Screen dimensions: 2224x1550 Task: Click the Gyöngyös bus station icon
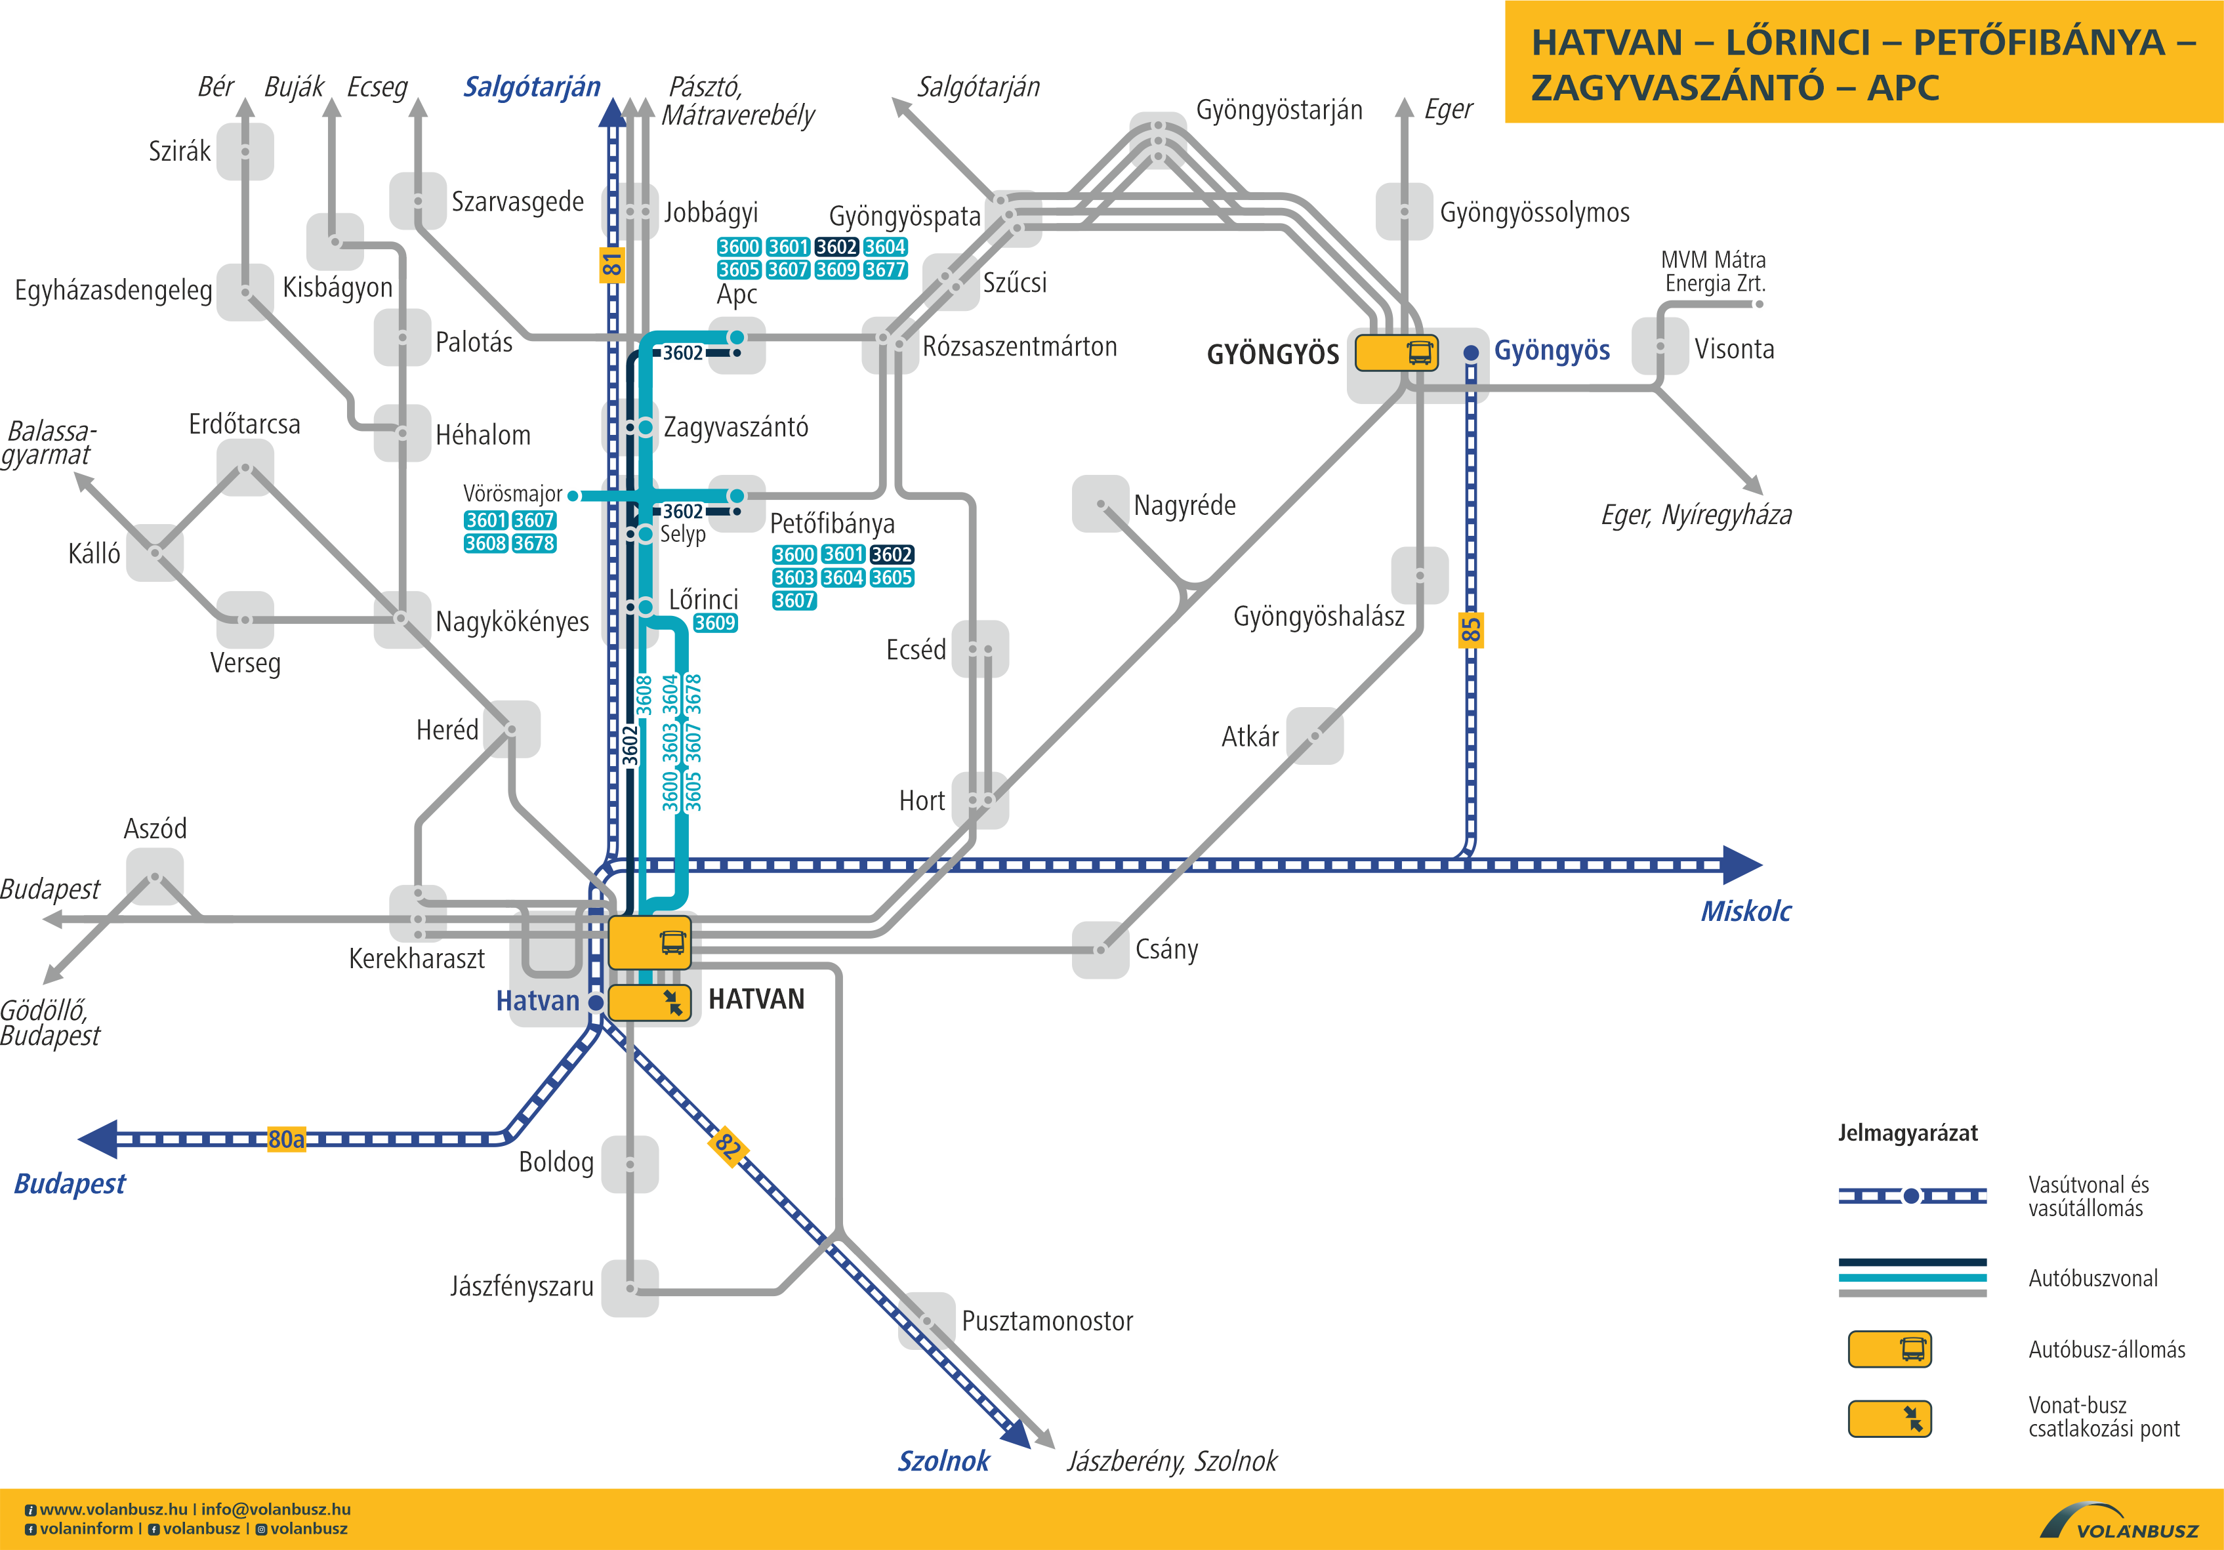coord(1396,353)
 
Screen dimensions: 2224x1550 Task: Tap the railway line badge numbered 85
coord(1470,630)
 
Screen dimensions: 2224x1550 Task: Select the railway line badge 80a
coord(286,1139)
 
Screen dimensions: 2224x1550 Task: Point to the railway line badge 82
coord(728,1146)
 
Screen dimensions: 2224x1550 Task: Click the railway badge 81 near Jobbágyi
coord(611,264)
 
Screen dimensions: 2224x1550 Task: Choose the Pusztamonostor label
coord(1046,1321)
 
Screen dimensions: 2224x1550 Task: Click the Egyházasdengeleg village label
coord(113,291)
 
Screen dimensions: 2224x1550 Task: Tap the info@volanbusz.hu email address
coord(276,1509)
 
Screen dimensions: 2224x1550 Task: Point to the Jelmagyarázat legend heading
coord(1907,1133)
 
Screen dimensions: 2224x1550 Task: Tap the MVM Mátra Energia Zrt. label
coord(1712,272)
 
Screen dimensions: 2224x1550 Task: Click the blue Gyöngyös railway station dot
coord(1470,353)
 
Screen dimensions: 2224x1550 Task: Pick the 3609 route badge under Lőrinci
coord(715,623)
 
